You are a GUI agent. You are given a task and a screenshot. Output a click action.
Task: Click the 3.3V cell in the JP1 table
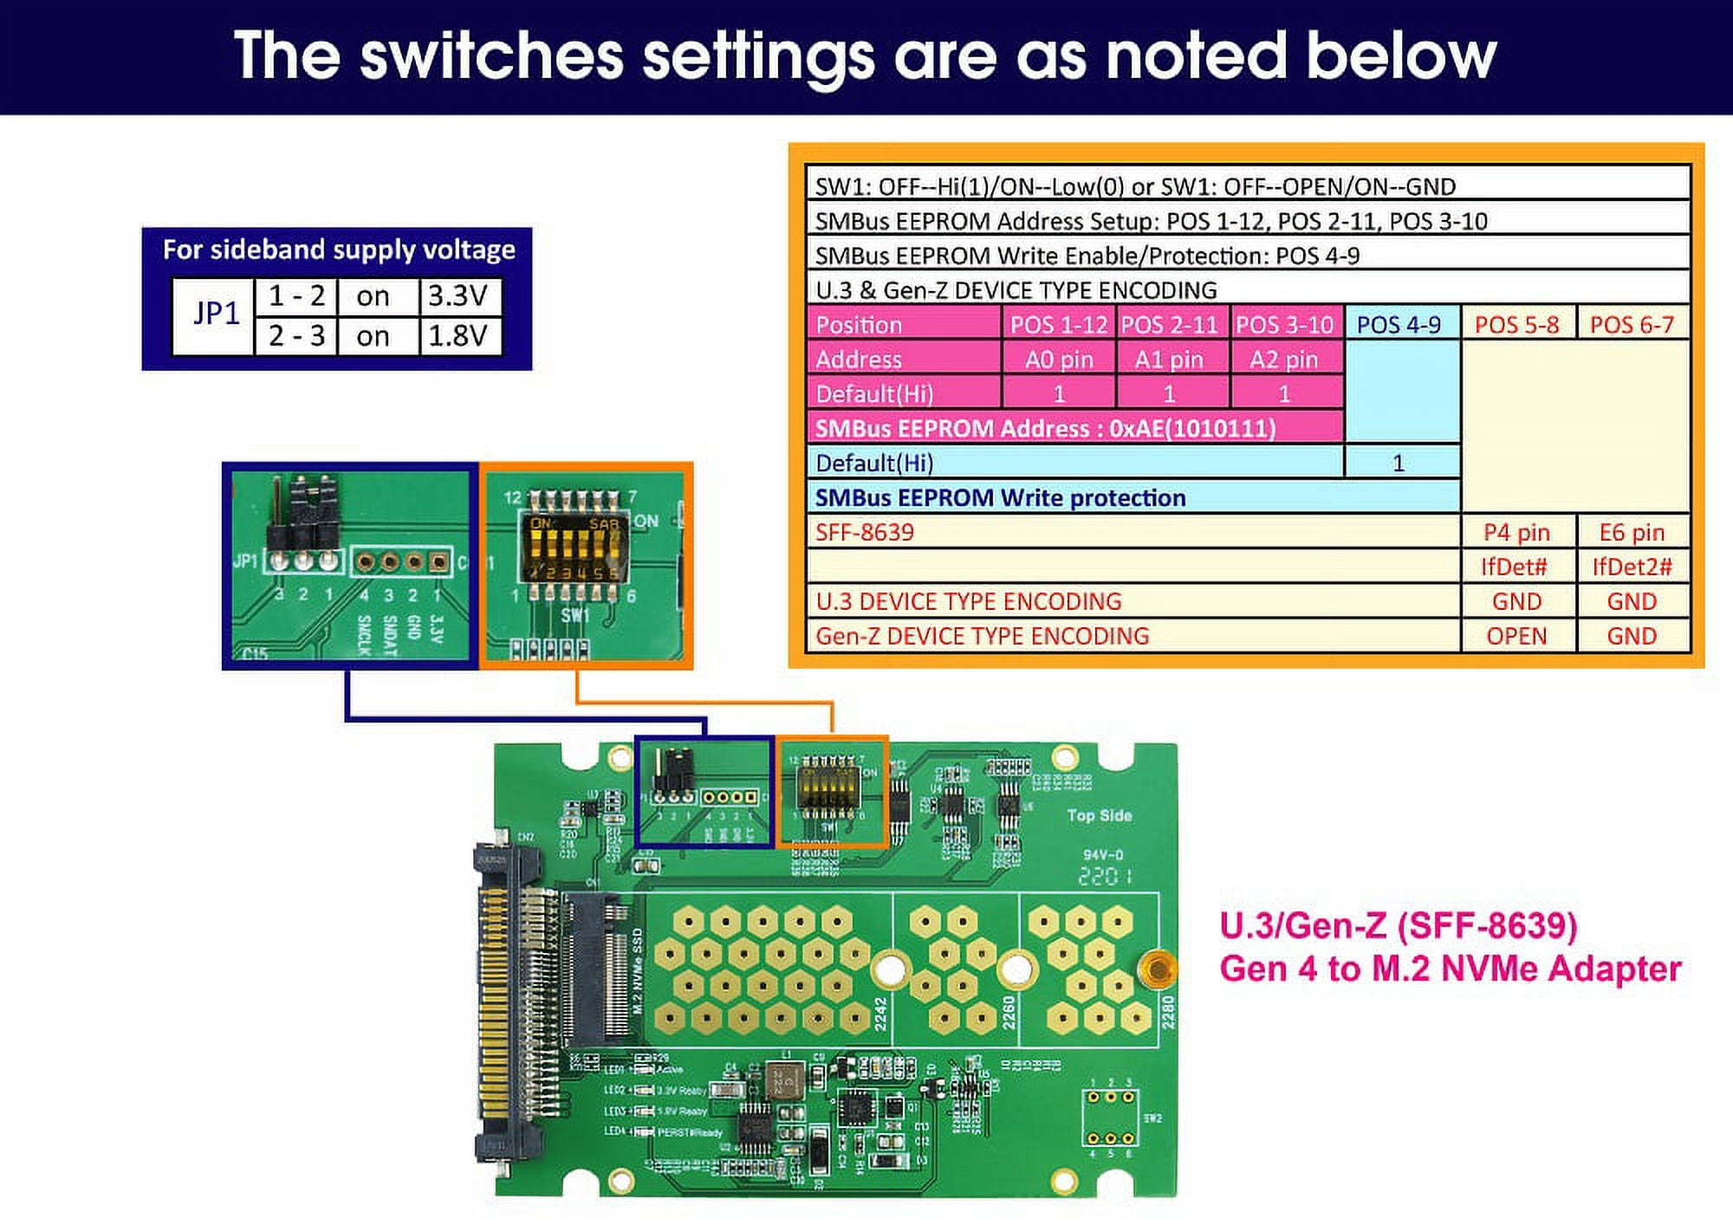[x=459, y=296]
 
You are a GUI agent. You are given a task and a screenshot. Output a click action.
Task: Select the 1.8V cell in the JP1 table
[x=459, y=336]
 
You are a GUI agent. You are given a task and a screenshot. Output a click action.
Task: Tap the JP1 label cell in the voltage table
[x=215, y=314]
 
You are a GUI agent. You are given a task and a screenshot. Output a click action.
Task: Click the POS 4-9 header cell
[x=1399, y=325]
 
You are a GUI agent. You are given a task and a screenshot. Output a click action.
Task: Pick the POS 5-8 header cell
[x=1516, y=325]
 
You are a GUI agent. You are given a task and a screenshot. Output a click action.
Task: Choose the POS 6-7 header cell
[x=1632, y=325]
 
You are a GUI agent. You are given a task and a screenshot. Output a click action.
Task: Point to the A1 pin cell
[x=1169, y=360]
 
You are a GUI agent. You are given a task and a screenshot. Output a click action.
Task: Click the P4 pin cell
[x=1516, y=533]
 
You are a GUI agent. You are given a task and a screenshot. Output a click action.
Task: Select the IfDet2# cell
[x=1632, y=567]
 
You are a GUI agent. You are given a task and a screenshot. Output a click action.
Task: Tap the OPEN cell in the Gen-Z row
[x=1516, y=637]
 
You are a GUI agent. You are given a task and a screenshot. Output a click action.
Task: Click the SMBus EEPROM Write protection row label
[x=1000, y=498]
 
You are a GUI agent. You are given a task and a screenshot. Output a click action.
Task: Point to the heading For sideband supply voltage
[x=339, y=250]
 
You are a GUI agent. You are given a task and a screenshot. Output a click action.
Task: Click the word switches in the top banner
[x=491, y=56]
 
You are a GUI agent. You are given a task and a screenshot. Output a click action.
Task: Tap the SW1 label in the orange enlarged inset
[x=574, y=615]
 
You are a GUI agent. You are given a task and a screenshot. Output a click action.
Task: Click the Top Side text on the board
[x=1099, y=815]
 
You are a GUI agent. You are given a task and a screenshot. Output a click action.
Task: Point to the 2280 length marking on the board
[x=1166, y=1013]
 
